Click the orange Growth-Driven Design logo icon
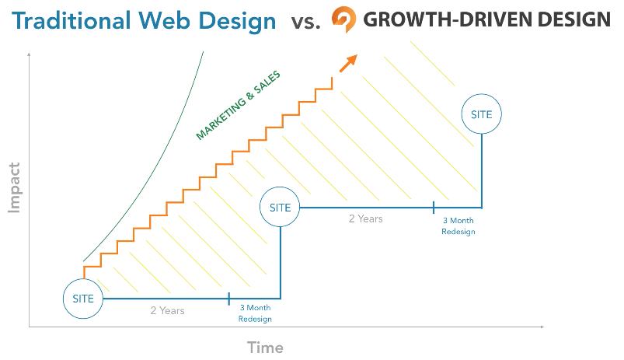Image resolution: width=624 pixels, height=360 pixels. (344, 19)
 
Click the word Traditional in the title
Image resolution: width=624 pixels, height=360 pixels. (71, 21)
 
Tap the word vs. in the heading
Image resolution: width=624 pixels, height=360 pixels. (305, 23)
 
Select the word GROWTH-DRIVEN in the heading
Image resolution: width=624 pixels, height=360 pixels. (447, 19)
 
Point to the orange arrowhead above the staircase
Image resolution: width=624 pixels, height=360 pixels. (350, 61)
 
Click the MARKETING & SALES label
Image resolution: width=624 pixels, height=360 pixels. (239, 106)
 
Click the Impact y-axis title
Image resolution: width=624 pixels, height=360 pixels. (14, 187)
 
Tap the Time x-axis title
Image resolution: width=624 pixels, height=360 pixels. (266, 348)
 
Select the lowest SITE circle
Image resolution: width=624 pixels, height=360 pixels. (83, 279)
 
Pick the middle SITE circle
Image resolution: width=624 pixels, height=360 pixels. (280, 187)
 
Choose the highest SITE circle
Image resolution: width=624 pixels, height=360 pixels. (482, 94)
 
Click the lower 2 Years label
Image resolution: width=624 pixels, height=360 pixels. (168, 310)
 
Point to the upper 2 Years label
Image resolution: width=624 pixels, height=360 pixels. (366, 219)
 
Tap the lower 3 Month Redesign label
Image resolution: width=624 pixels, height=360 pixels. (255, 313)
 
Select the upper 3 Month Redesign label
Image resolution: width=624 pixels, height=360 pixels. (458, 226)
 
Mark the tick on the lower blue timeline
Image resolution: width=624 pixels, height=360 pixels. (228, 299)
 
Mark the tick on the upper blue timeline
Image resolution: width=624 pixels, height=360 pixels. (434, 208)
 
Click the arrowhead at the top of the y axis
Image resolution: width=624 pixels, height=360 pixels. (29, 54)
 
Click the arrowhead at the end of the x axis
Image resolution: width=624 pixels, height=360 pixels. (542, 327)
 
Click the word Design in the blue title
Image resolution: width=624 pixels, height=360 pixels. (237, 22)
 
